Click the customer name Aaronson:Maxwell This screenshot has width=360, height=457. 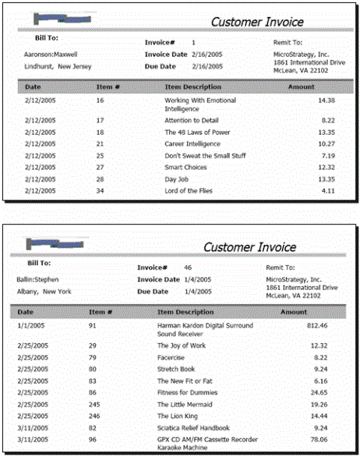coord(45,54)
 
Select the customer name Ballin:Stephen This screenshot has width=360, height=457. coord(37,278)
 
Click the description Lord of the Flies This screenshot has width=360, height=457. coord(189,190)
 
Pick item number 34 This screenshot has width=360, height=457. coord(101,190)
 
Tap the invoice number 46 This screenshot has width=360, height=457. coord(188,267)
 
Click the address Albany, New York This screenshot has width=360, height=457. coord(44,291)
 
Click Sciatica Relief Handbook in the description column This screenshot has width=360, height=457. coord(193,429)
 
